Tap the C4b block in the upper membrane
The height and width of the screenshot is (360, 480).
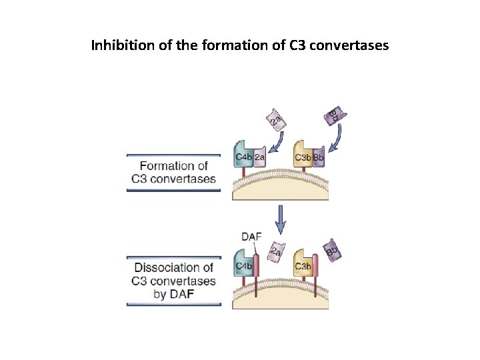pos(244,158)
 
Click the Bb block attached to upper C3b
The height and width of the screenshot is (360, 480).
pos(318,159)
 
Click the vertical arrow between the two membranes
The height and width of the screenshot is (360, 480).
pos(281,216)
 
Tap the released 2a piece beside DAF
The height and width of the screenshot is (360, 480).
pos(274,252)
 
